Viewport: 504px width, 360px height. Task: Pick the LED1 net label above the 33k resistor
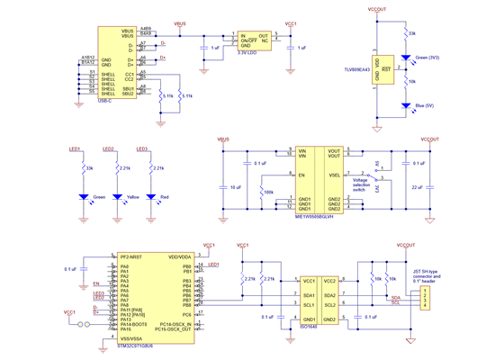click(x=75, y=148)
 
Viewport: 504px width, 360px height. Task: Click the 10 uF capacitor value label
click(x=235, y=186)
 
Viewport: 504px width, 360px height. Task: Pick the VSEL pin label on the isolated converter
click(x=334, y=175)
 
